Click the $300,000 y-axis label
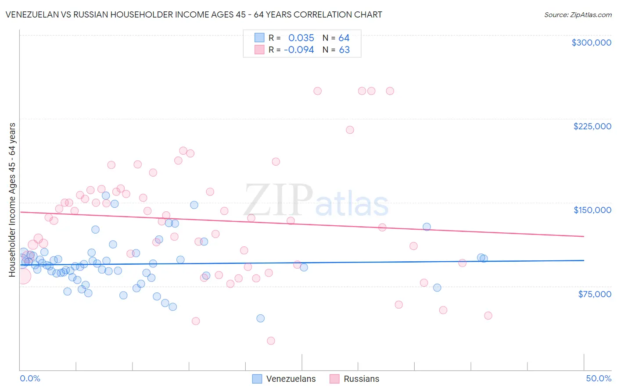pyautogui.click(x=591, y=43)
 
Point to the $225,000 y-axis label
pyautogui.click(x=592, y=126)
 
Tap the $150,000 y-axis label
pyautogui.click(x=592, y=210)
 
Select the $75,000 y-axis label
pyautogui.click(x=594, y=294)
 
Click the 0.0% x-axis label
pyautogui.click(x=30, y=378)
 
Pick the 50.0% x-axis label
pyautogui.click(x=599, y=378)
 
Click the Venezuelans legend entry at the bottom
pyautogui.click(x=291, y=379)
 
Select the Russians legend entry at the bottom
pyautogui.click(x=361, y=379)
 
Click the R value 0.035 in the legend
pyautogui.click(x=301, y=38)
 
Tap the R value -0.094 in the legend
pyautogui.click(x=299, y=50)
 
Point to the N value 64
pyautogui.click(x=344, y=38)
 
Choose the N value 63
pyautogui.click(x=344, y=50)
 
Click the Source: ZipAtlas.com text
pyautogui.click(x=578, y=15)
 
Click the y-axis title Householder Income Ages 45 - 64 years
pyautogui.click(x=12, y=200)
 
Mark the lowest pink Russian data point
pyautogui.click(x=271, y=341)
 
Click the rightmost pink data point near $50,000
pyautogui.click(x=488, y=316)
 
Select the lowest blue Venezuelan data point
pyautogui.click(x=261, y=318)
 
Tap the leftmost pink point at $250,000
pyautogui.click(x=318, y=91)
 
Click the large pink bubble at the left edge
pyautogui.click(x=23, y=276)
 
